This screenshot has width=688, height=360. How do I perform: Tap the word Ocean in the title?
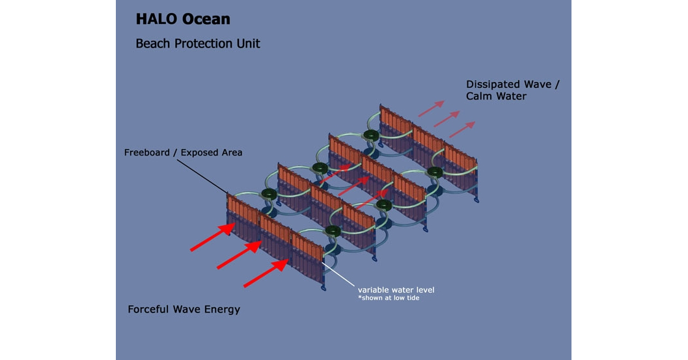[206, 19]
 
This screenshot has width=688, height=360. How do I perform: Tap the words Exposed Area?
[212, 152]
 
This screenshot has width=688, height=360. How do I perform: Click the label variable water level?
[396, 289]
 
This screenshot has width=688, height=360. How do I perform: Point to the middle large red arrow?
[239, 256]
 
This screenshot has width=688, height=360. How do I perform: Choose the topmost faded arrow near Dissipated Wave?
[431, 109]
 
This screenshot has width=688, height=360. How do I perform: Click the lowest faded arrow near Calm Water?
[462, 129]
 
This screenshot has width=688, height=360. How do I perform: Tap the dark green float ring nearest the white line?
[333, 230]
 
